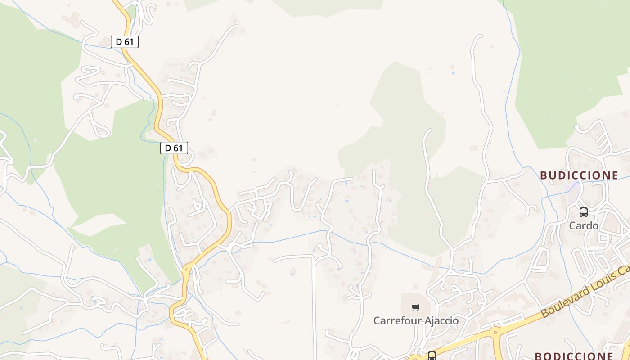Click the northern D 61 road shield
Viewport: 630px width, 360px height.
pyautogui.click(x=125, y=42)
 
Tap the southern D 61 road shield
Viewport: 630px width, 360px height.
pyautogui.click(x=174, y=148)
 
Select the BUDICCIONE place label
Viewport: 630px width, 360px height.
pyautogui.click(x=579, y=175)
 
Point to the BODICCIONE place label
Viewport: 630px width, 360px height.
pyautogui.click(x=574, y=356)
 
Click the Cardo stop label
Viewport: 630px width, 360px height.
pyautogui.click(x=584, y=225)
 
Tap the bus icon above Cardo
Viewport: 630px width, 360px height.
pyautogui.click(x=584, y=212)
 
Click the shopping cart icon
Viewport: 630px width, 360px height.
pyautogui.click(x=416, y=308)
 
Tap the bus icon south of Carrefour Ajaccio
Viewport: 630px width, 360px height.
pyautogui.click(x=432, y=356)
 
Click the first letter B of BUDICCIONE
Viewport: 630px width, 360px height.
pyautogui.click(x=543, y=175)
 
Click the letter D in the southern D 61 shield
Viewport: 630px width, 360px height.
pyautogui.click(x=168, y=148)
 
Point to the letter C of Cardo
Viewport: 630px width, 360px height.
pyautogui.click(x=573, y=225)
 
